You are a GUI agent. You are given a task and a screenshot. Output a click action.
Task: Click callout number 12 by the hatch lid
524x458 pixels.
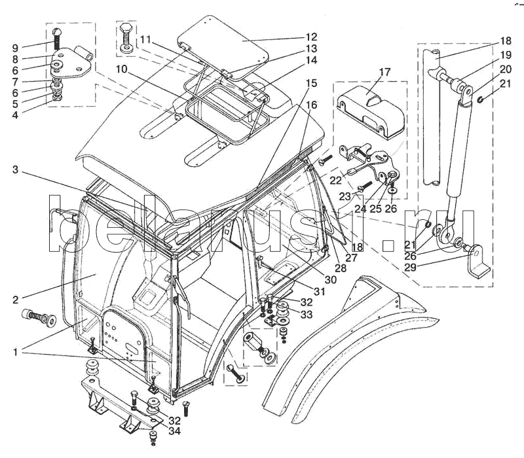[x=310, y=37]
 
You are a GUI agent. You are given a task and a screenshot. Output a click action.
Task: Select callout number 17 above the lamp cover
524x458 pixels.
[x=384, y=71]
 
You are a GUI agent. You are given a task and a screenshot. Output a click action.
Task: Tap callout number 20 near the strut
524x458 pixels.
[x=506, y=69]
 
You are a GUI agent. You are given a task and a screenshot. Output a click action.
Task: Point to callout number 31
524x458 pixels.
[x=320, y=292]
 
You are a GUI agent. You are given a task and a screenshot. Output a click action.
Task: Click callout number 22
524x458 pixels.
[x=336, y=180]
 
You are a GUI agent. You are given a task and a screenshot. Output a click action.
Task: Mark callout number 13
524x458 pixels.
[x=310, y=48]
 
